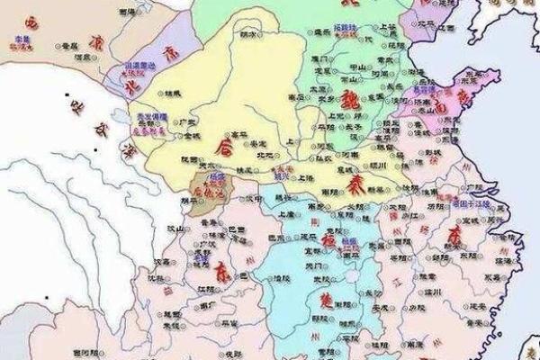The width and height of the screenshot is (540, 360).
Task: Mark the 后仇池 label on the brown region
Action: pyautogui.click(x=206, y=192)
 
